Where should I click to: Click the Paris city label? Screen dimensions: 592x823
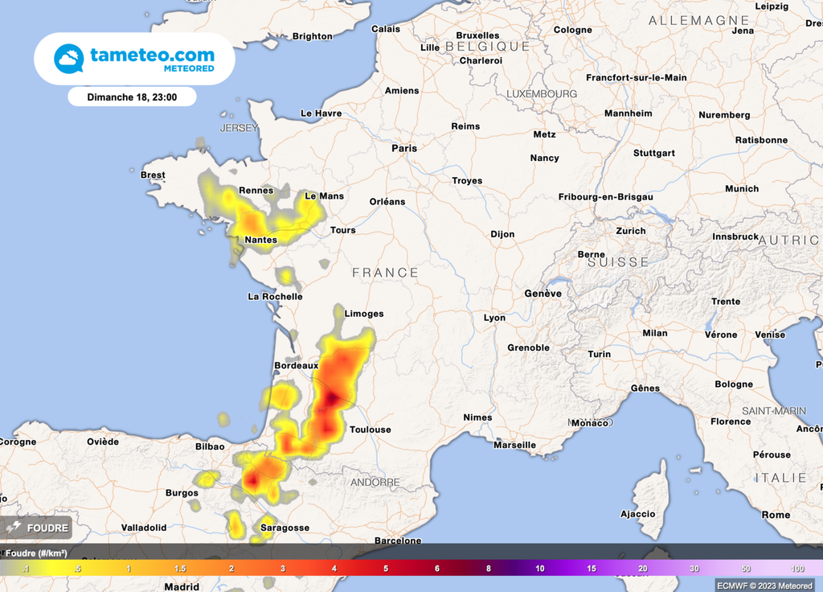tap(404, 148)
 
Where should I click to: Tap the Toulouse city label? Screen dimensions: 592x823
tap(370, 430)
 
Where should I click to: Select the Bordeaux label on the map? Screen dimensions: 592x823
tap(297, 365)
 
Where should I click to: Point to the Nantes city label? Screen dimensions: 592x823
tap(260, 240)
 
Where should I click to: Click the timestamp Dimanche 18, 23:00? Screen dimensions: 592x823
tap(132, 97)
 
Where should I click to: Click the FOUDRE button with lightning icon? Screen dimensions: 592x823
tap(37, 528)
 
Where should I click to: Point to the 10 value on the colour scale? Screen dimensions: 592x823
tap(540, 569)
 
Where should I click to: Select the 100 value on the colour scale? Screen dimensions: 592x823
tap(797, 569)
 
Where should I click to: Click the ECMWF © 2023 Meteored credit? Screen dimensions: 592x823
tap(765, 586)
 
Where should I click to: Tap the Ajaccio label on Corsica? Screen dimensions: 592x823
tap(637, 514)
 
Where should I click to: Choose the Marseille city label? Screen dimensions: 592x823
tap(514, 445)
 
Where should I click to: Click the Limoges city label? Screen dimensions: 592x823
tap(363, 314)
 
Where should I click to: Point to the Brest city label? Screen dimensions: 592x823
tap(153, 175)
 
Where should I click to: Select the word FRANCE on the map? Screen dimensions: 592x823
tap(385, 273)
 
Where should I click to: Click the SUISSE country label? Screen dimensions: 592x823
tap(617, 262)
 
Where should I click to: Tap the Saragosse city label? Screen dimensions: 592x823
tap(285, 528)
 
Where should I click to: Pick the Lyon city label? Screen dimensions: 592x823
tap(494, 318)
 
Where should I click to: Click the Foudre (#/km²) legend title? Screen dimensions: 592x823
tap(34, 553)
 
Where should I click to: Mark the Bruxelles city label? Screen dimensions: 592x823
tap(477, 35)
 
